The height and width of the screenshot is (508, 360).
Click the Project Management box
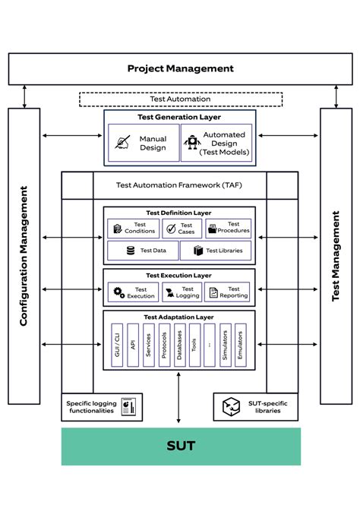[x=180, y=68]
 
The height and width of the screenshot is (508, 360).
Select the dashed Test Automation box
[x=180, y=99]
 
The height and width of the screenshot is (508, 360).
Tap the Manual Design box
[x=143, y=143]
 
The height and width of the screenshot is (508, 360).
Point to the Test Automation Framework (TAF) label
[x=179, y=185]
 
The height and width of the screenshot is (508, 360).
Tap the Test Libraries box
[x=216, y=251]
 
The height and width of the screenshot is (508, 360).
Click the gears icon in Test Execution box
[x=118, y=292]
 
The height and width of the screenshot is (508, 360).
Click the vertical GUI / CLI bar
[x=116, y=345]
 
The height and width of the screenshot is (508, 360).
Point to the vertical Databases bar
[x=179, y=345]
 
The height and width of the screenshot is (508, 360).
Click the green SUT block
[x=180, y=446]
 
